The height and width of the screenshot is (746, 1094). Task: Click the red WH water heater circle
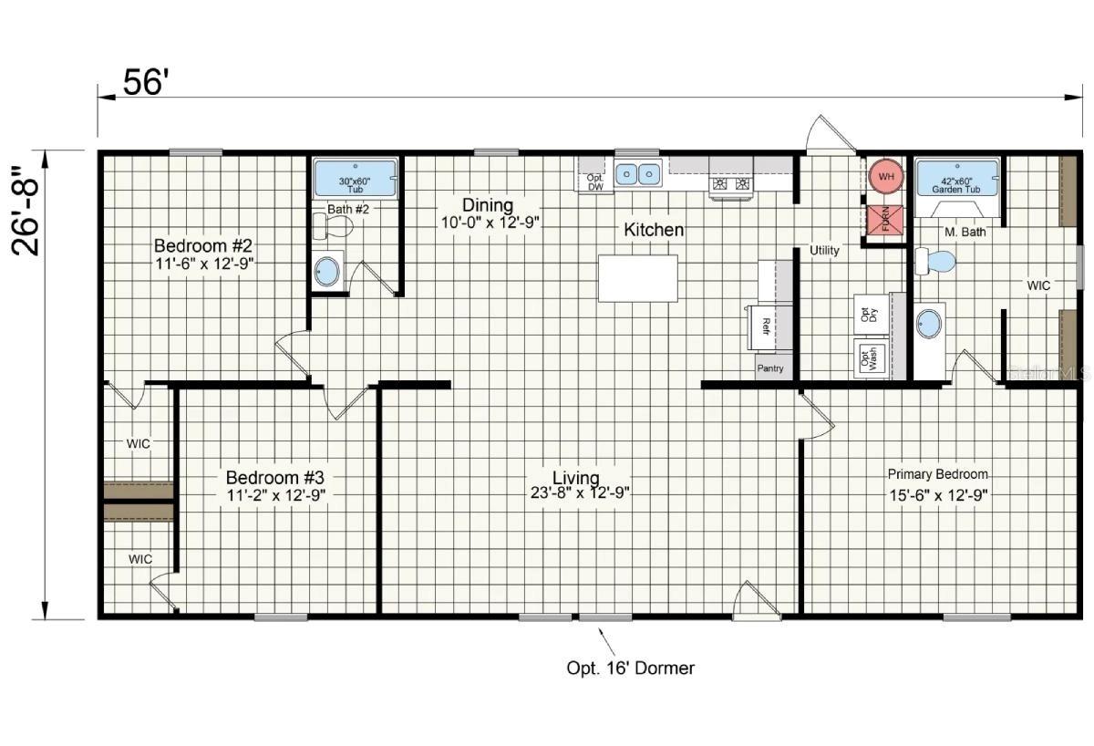pyautogui.click(x=882, y=174)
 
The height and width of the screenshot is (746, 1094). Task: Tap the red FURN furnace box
pyautogui.click(x=882, y=220)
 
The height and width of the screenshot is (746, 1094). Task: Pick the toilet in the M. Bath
pyautogui.click(x=935, y=262)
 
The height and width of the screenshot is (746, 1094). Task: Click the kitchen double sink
pyautogui.click(x=637, y=172)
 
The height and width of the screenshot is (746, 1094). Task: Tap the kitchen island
pyautogui.click(x=637, y=277)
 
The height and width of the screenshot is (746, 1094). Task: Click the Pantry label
pyautogui.click(x=770, y=368)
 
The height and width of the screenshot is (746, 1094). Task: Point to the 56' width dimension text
pyautogui.click(x=146, y=83)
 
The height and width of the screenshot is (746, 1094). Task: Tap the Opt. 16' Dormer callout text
pyautogui.click(x=631, y=668)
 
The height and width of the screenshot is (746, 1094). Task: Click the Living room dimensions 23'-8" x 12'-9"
pyautogui.click(x=579, y=493)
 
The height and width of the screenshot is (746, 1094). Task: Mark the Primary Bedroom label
pyautogui.click(x=938, y=474)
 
